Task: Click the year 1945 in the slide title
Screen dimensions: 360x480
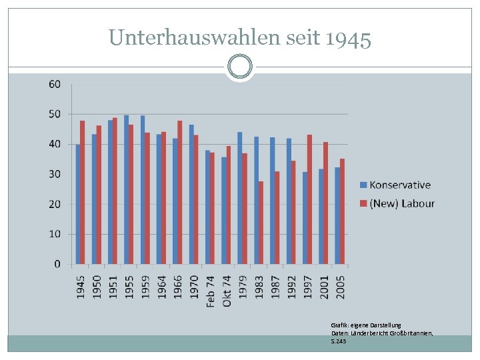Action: click(x=348, y=39)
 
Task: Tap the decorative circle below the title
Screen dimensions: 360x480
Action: click(x=239, y=67)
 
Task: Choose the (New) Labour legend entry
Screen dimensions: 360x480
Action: click(x=397, y=203)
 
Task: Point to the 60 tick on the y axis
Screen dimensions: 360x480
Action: click(x=54, y=84)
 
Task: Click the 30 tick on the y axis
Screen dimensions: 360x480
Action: click(x=54, y=174)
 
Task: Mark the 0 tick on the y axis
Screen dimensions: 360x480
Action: click(x=57, y=264)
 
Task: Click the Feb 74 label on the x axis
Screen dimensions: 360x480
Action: click(x=210, y=291)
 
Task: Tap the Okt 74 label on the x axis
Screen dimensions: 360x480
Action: click(x=227, y=291)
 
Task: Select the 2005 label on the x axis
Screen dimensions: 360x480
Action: click(x=340, y=287)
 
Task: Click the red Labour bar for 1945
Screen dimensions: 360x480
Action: click(x=83, y=192)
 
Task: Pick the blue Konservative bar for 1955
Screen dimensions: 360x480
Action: click(x=127, y=189)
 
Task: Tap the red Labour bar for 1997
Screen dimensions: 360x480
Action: click(x=309, y=199)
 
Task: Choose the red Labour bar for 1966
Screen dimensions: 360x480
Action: click(x=180, y=192)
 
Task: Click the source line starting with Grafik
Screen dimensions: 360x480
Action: click(x=366, y=325)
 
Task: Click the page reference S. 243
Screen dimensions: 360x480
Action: click(x=339, y=341)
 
